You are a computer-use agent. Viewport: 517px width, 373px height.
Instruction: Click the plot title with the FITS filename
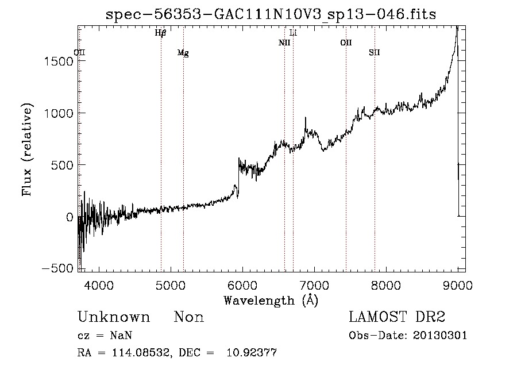[x=271, y=15]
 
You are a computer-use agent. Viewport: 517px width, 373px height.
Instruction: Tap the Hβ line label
[x=160, y=33]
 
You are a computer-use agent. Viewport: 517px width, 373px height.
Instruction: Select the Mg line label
[x=183, y=53]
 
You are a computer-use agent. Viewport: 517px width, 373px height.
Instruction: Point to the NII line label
[x=284, y=43]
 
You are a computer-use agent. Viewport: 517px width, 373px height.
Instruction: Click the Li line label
[x=293, y=33]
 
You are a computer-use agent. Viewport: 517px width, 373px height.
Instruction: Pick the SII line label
[x=374, y=53]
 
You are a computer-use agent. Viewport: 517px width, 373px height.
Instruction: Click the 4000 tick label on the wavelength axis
[x=99, y=284]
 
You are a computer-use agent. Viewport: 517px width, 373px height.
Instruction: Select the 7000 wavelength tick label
[x=314, y=284]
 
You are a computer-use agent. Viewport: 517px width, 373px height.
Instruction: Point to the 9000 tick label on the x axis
[x=458, y=284]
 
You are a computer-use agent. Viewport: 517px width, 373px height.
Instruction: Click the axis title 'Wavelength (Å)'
[x=271, y=300]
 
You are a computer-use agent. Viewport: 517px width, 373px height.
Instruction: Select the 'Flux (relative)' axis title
[x=28, y=149]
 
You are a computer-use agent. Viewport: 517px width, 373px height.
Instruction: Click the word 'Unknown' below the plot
[x=114, y=317]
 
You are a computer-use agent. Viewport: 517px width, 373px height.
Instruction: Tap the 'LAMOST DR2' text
[x=397, y=317]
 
